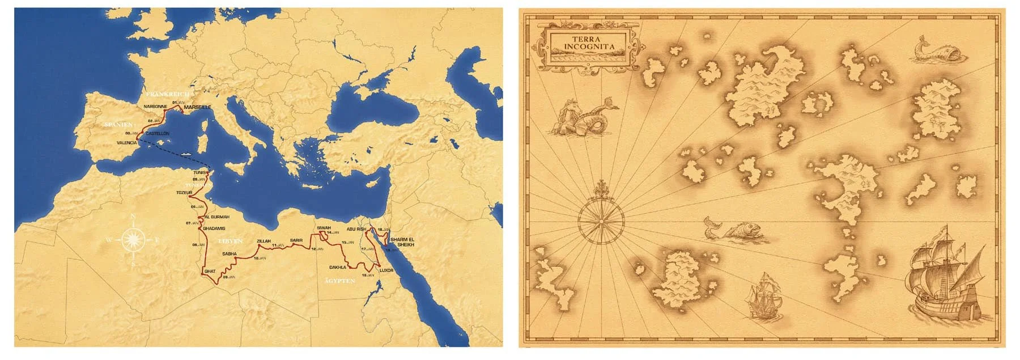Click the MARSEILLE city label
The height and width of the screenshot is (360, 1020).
tap(198, 107)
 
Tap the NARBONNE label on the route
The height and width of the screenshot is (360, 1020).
tap(155, 107)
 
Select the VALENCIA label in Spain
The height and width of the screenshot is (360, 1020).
tap(126, 143)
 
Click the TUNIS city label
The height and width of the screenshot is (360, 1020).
tap(200, 172)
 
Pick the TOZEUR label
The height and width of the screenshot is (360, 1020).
tap(185, 192)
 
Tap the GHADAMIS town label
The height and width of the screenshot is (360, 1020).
tap(214, 228)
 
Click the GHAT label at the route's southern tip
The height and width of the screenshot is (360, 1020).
tap(210, 271)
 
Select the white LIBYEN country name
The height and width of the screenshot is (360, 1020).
tap(230, 242)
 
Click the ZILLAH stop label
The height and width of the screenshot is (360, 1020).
tap(264, 241)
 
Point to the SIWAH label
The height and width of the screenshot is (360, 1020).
tap(324, 227)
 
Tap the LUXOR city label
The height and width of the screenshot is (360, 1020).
tap(386, 270)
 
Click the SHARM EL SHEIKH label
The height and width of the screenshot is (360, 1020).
tap(402, 242)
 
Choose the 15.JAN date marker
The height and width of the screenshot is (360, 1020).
tap(347, 243)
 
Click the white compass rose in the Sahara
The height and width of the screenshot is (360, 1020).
tap(133, 240)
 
